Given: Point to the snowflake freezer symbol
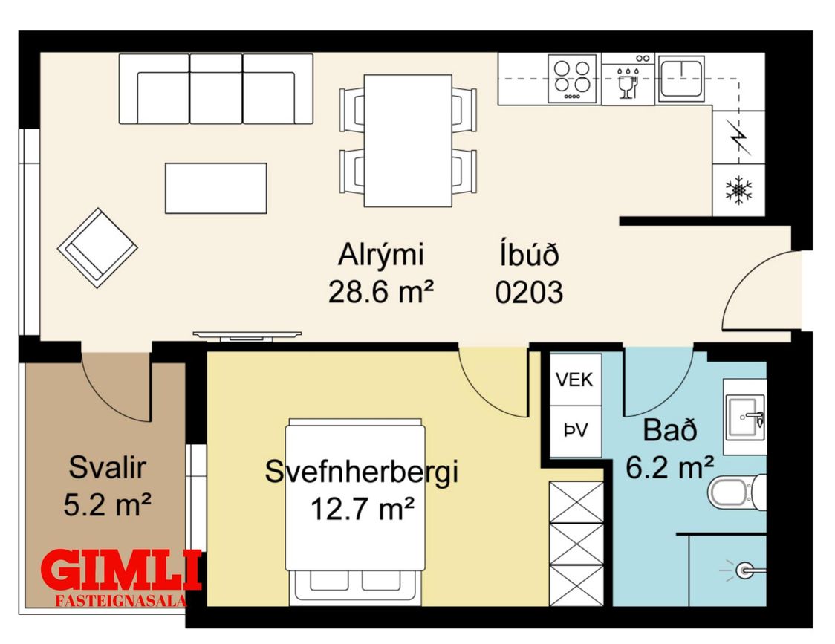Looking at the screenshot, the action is pyautogui.click(x=739, y=190).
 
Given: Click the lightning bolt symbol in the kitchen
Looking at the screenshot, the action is pyautogui.click(x=739, y=137).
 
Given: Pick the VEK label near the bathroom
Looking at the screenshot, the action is pyautogui.click(x=574, y=380).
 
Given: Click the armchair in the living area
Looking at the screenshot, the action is pyautogui.click(x=97, y=247).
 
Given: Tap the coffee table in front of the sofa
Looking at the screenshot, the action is pyautogui.click(x=215, y=188).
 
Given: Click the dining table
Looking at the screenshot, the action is pyautogui.click(x=408, y=140).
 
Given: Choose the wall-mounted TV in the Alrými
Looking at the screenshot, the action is pyautogui.click(x=247, y=336).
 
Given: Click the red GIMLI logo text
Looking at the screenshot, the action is pyautogui.click(x=121, y=570).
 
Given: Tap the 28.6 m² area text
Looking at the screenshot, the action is pyautogui.click(x=381, y=292).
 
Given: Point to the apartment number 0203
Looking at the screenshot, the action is pyautogui.click(x=529, y=293).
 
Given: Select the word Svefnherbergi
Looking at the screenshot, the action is pyautogui.click(x=362, y=472).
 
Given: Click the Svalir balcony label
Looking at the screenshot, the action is pyautogui.click(x=107, y=468).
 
